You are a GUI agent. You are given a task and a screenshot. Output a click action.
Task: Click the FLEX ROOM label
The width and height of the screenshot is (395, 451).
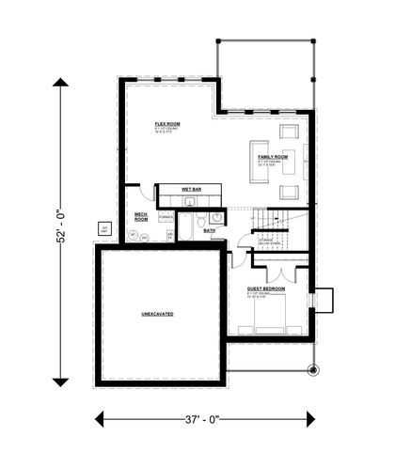tap(167, 123)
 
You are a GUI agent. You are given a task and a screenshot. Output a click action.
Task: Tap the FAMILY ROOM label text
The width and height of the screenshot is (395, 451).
tap(274, 156)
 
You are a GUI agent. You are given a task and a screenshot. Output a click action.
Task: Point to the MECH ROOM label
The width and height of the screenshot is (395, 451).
tap(141, 216)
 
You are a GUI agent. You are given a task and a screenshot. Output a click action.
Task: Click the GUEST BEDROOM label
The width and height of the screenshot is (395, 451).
tap(267, 288)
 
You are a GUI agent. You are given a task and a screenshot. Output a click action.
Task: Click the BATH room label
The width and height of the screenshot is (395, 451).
tap(210, 230)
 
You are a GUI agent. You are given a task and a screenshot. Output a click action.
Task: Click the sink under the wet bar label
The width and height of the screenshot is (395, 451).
tap(190, 201)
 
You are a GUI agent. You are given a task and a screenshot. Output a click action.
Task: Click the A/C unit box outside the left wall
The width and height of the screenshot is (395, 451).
tap(105, 228)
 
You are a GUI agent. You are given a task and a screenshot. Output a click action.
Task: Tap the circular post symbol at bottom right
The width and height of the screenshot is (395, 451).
tap(314, 368)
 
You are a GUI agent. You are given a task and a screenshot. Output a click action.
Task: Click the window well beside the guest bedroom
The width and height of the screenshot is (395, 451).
tap(323, 299)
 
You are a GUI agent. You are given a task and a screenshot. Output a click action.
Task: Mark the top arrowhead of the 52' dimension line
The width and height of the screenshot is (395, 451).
tap(61, 84)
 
